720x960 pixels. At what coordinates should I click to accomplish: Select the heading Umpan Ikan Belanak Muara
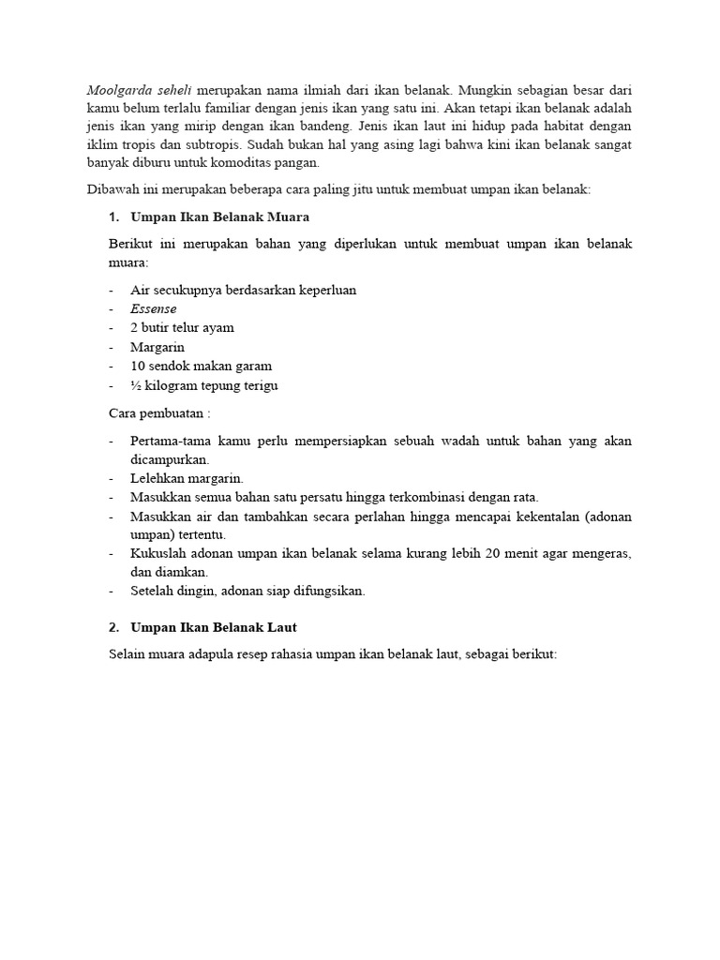click(220, 217)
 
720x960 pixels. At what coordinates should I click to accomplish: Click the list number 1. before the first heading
click(115, 217)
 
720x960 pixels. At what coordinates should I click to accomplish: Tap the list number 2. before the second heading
click(115, 626)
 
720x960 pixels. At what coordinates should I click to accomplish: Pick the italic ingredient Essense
click(154, 308)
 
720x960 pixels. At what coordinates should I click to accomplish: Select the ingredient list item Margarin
click(157, 347)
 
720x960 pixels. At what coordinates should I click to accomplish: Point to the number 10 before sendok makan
click(139, 367)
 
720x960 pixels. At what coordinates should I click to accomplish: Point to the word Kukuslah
click(158, 553)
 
